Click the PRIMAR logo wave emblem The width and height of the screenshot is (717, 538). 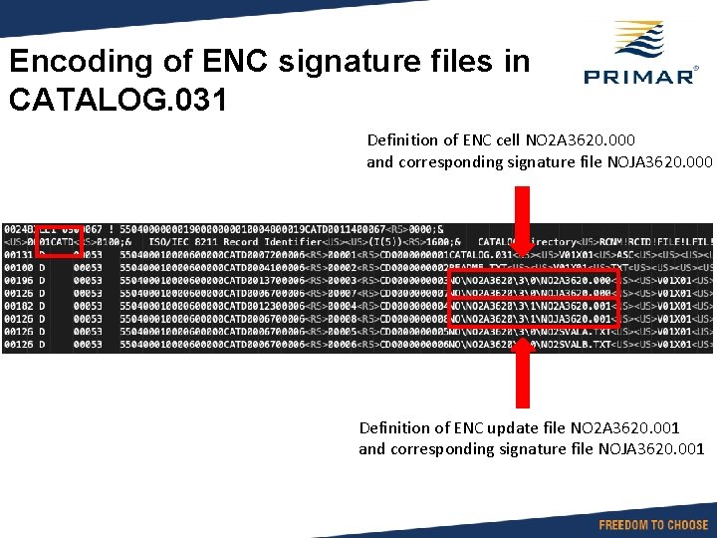(x=637, y=43)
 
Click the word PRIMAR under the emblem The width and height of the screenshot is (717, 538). (x=637, y=77)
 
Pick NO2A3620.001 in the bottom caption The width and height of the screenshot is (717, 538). (x=624, y=427)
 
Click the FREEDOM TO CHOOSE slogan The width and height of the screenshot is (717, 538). (x=653, y=524)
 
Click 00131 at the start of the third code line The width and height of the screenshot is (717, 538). (x=17, y=255)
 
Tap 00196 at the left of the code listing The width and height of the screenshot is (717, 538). (x=17, y=281)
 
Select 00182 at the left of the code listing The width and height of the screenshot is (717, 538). (x=17, y=307)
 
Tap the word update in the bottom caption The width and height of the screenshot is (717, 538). (x=539, y=427)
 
